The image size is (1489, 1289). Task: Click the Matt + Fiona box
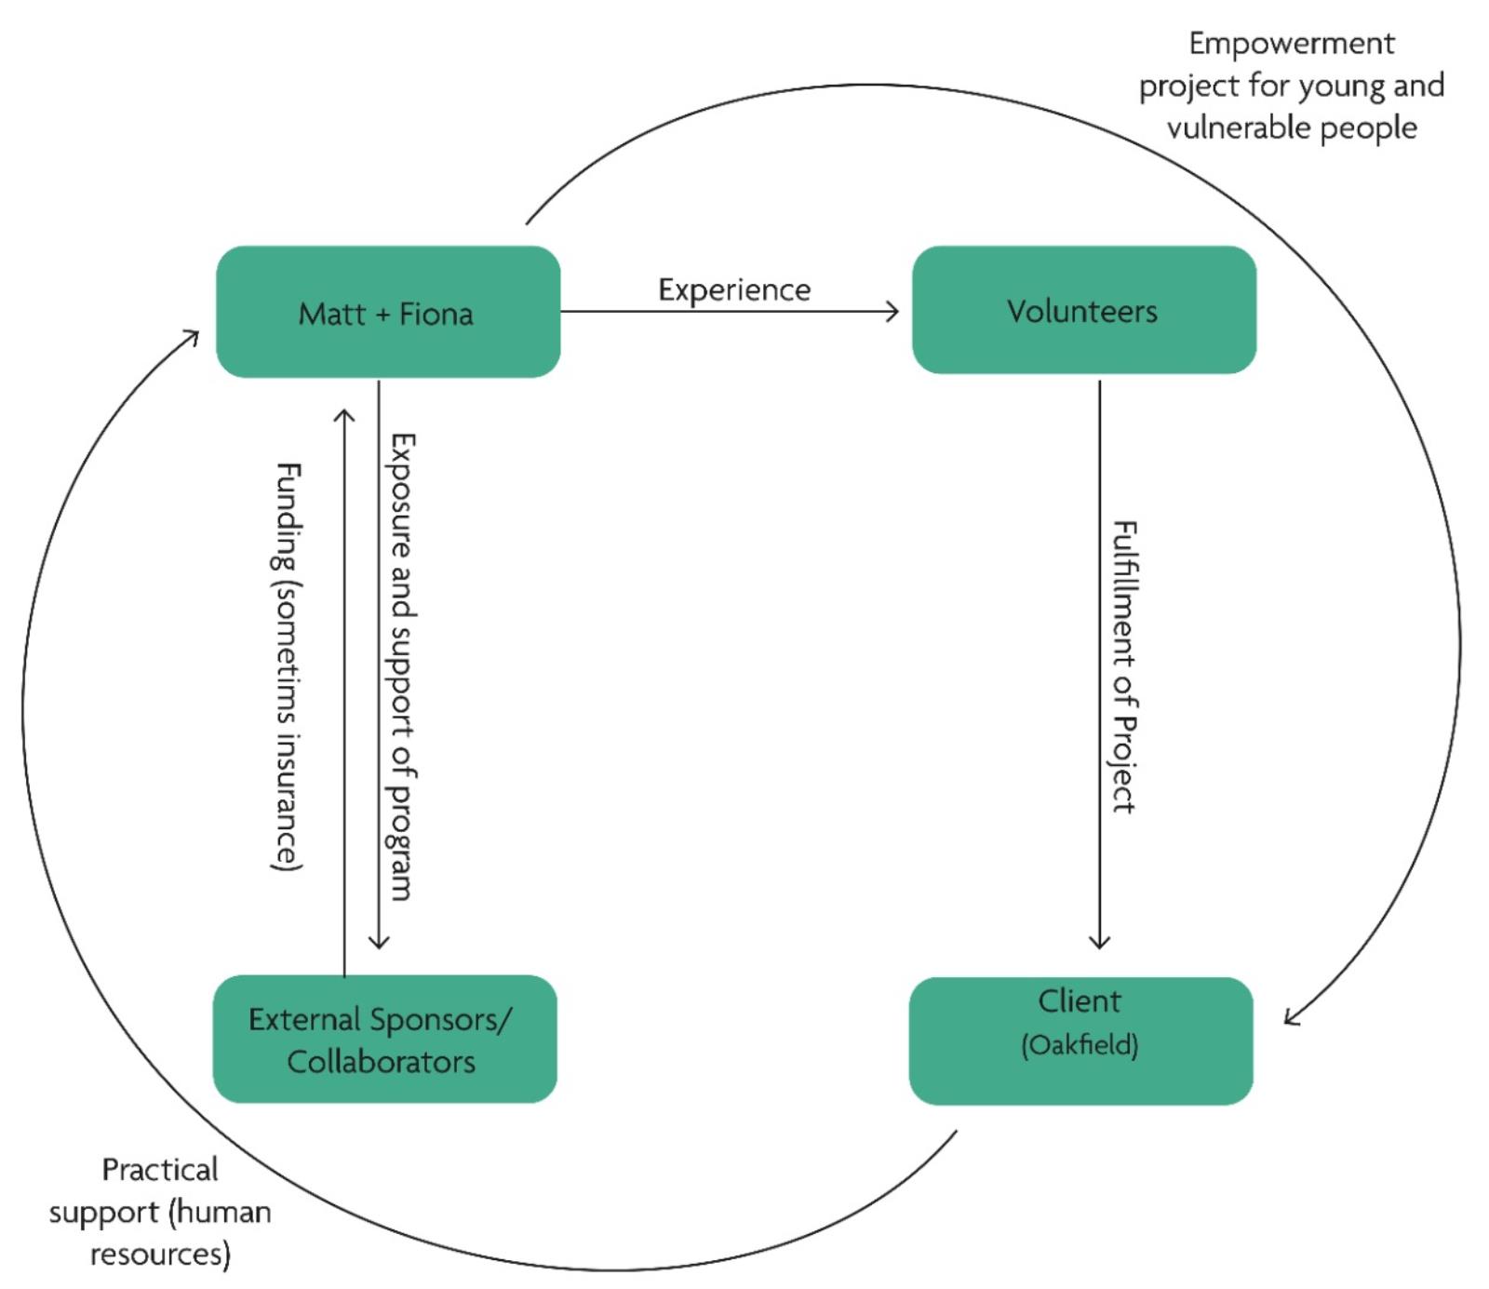pos(387,312)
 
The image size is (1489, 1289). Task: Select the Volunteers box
pos(1083,310)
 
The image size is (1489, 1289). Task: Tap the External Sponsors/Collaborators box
pos(384,1039)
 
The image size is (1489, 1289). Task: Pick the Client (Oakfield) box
pos(1080,1041)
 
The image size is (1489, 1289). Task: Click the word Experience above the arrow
pos(734,290)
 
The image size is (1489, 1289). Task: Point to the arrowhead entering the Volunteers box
pos(893,312)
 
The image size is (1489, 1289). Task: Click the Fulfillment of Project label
pos(1124,666)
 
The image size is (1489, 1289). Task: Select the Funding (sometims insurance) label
pos(288,666)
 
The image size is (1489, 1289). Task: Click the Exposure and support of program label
pos(402,666)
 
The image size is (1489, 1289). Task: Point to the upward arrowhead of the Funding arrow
pos(344,414)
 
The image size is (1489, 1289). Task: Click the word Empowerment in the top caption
pos(1291,44)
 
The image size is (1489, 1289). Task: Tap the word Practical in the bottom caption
pos(160,1170)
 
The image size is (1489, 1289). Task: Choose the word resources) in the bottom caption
pos(160,1254)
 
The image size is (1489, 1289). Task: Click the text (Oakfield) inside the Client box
pos(1080,1045)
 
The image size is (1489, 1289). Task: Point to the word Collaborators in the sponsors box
pos(381,1062)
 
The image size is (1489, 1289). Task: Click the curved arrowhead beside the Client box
pos(1290,1017)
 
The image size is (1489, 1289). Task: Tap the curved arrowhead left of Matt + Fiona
pos(193,335)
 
